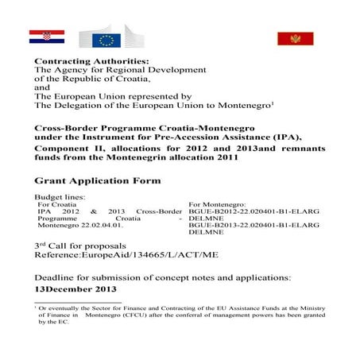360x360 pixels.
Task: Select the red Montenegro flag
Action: pyautogui.click(x=295, y=37)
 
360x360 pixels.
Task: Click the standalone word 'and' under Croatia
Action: pyautogui.click(x=41, y=89)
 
